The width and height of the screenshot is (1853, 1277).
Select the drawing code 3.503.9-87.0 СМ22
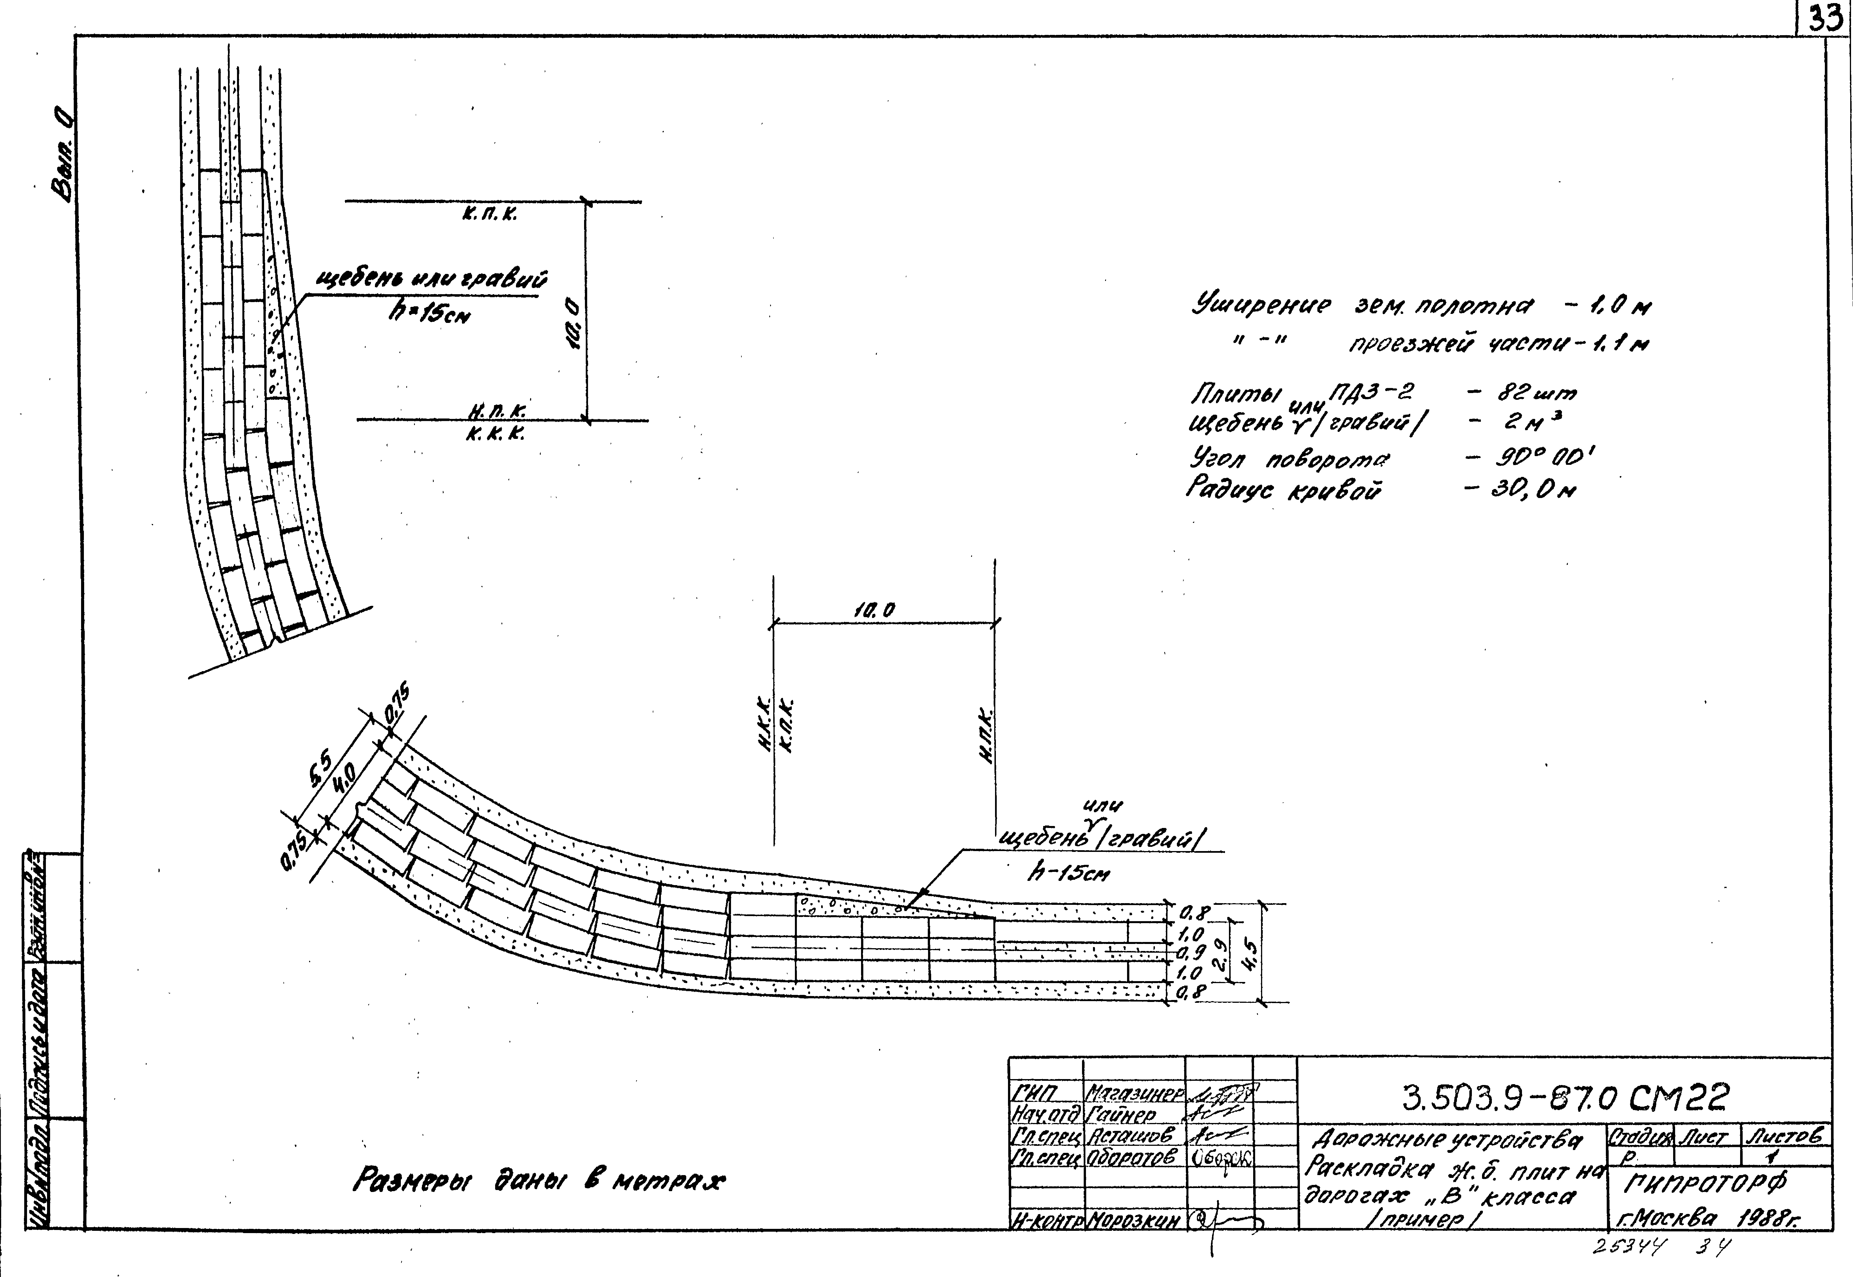tap(1566, 1099)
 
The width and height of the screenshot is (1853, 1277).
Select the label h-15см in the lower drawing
tap(1068, 874)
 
